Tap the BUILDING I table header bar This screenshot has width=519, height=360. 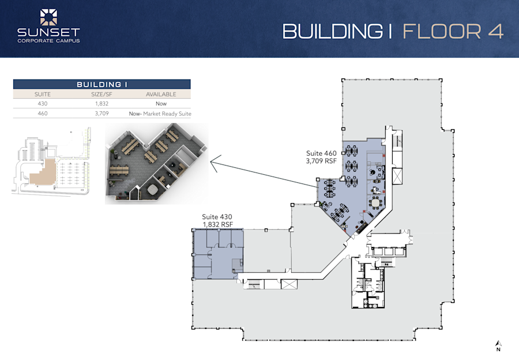click(x=101, y=84)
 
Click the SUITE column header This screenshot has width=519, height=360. click(x=43, y=94)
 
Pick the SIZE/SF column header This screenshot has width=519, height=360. click(x=101, y=94)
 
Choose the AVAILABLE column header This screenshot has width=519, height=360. click(x=160, y=94)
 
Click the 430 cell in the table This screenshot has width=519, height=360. click(x=43, y=104)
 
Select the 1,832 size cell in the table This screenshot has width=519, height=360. click(x=101, y=104)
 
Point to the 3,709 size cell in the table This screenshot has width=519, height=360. click(x=101, y=114)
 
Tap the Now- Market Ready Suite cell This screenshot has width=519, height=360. click(x=160, y=114)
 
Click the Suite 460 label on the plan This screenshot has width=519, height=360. click(x=321, y=153)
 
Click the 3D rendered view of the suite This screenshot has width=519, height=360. click(x=156, y=164)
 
